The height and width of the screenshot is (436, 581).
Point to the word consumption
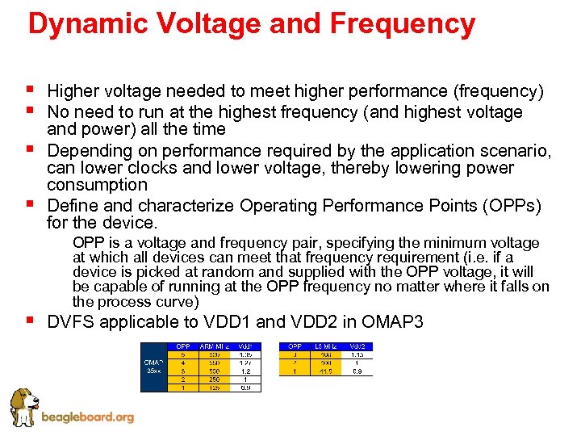[98, 185]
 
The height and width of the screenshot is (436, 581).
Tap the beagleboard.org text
[87, 417]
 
